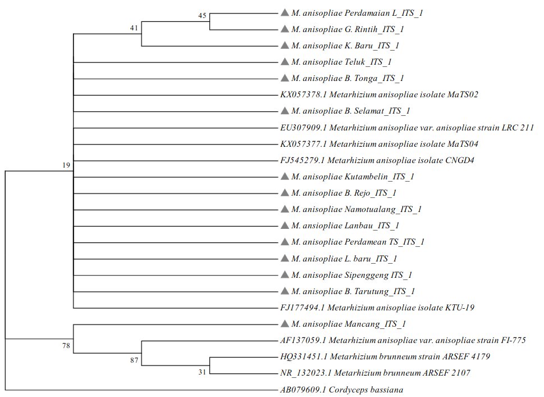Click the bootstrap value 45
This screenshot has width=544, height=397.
coord(203,16)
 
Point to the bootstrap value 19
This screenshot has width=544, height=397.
coord(66,165)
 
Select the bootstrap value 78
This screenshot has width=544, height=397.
coord(66,345)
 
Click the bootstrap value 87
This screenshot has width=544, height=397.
coord(134,360)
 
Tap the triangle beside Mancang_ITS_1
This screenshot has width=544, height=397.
coord(285,324)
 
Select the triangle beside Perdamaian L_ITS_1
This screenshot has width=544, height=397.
coord(285,12)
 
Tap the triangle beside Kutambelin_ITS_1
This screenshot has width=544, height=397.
coord(285,176)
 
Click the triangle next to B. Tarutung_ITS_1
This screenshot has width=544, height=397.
coord(285,291)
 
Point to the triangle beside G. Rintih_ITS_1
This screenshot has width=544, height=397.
coord(285,29)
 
